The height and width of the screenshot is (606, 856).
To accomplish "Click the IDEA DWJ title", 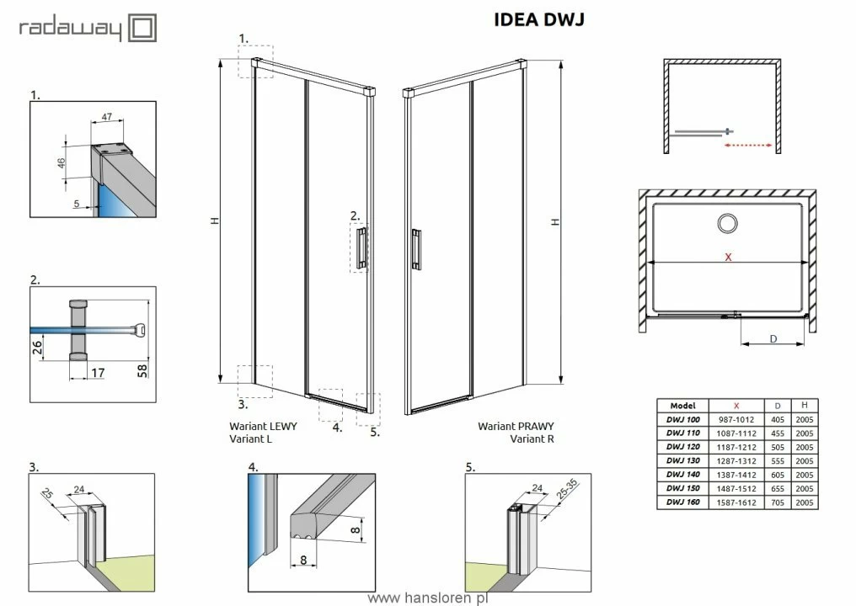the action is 539,19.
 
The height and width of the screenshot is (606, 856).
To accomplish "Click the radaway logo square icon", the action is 142,28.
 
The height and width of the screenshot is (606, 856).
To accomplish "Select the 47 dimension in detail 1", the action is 107,117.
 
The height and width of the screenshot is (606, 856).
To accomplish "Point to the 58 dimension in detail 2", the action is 142,371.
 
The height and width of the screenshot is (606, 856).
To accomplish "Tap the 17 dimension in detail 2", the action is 98,373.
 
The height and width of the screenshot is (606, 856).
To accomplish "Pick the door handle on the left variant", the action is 361,248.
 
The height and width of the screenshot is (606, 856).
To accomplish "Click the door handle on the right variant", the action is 416,249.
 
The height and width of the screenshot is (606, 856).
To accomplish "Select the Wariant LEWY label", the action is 263,426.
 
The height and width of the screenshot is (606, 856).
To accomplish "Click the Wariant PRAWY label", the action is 516,426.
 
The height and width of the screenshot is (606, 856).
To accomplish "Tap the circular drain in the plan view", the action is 727,223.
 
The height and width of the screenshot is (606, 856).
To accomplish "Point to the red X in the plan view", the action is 728,257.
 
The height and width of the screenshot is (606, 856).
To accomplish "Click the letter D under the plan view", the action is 773,338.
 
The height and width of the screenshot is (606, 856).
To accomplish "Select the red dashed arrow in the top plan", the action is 748,145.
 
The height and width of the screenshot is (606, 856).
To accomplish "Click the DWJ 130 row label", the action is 683,460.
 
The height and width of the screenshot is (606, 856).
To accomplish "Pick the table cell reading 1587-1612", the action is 736,502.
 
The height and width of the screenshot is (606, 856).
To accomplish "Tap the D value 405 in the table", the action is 778,419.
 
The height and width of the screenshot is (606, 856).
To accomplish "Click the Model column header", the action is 683,406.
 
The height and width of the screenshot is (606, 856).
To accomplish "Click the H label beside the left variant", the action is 215,221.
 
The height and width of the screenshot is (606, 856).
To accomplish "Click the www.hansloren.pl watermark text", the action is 428,598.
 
